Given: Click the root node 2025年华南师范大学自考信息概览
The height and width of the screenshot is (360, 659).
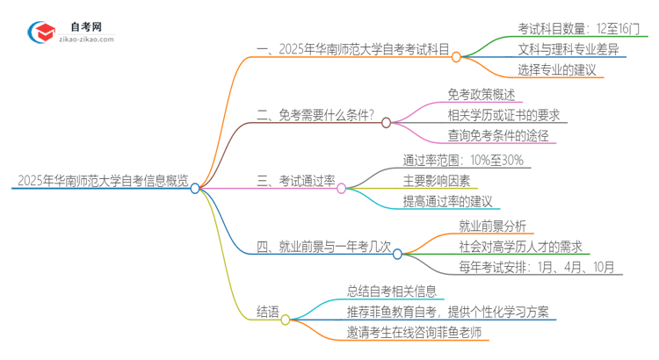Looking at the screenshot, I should [101, 182].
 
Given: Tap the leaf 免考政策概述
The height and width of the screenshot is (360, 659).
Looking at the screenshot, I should [481, 94].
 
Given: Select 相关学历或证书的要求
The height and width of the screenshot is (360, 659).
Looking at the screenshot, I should [502, 116].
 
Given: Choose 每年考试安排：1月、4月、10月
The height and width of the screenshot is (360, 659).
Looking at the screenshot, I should [536, 267].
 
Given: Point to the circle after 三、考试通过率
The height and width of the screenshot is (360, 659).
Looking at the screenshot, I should [342, 187].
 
